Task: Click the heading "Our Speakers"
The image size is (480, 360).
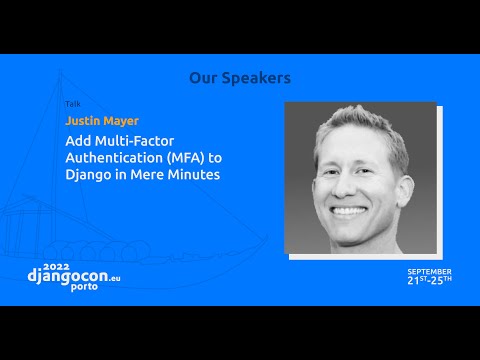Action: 239,77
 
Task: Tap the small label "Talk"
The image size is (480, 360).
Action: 71,103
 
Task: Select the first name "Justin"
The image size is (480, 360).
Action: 84,122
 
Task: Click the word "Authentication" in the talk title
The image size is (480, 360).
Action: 112,158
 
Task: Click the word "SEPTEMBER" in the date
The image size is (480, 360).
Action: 428,271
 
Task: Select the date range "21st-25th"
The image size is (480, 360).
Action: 428,280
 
